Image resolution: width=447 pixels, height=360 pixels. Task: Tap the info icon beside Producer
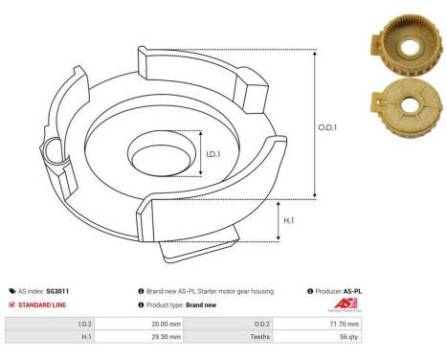310,290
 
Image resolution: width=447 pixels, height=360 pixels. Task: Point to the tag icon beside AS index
11,290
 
